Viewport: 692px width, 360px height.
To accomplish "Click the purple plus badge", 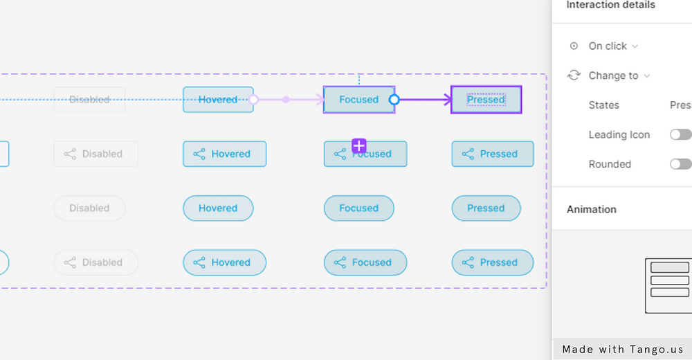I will click(x=359, y=145).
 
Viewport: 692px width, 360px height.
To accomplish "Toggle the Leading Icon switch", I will click(x=680, y=135).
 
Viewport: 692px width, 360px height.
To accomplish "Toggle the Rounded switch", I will click(x=680, y=164).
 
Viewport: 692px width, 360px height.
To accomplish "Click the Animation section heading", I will click(x=592, y=209).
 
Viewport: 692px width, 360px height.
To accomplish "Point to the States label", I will click(x=604, y=105).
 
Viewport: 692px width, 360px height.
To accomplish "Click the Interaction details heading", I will click(x=611, y=6).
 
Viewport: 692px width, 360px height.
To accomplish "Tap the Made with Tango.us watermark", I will click(x=622, y=350).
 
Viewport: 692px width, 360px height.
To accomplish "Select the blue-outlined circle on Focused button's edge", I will click(x=394, y=100).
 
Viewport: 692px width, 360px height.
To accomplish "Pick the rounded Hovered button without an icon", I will click(x=218, y=208).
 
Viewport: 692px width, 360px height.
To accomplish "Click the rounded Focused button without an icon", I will click(x=358, y=208).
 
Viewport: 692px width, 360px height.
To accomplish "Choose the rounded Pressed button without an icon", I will click(x=486, y=208).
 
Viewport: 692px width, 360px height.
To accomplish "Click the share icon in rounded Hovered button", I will click(x=199, y=262).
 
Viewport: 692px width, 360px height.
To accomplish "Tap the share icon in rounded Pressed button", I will click(x=468, y=262).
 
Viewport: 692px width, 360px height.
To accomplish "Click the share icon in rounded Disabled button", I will click(x=70, y=262).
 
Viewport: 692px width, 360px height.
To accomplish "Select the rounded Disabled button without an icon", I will click(x=89, y=208).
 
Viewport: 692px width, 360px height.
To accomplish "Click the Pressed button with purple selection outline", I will click(x=486, y=100).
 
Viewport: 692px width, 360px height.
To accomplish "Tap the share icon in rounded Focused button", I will click(x=340, y=262).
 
